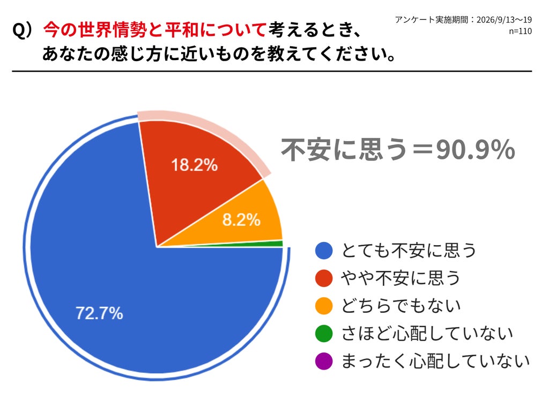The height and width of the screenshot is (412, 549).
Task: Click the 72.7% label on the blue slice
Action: point(99,313)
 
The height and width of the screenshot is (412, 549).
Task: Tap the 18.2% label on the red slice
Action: point(194,165)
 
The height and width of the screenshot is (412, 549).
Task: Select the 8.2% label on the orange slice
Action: point(241,219)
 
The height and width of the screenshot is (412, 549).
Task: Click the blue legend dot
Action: point(324,251)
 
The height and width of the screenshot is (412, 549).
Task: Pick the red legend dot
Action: point(324,278)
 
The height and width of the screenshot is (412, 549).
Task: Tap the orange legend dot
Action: point(324,306)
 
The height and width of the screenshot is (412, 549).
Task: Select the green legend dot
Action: point(324,333)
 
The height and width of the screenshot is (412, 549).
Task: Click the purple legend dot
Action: point(324,361)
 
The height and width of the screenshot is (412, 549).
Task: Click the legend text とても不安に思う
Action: point(409,251)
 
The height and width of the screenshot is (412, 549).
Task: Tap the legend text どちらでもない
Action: point(401,305)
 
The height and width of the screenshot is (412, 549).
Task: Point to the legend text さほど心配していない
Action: point(427,333)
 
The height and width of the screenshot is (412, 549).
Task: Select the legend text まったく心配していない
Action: point(435,361)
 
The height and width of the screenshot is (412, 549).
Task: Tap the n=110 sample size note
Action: point(520,31)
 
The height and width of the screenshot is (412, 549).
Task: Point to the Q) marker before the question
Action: point(23,30)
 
